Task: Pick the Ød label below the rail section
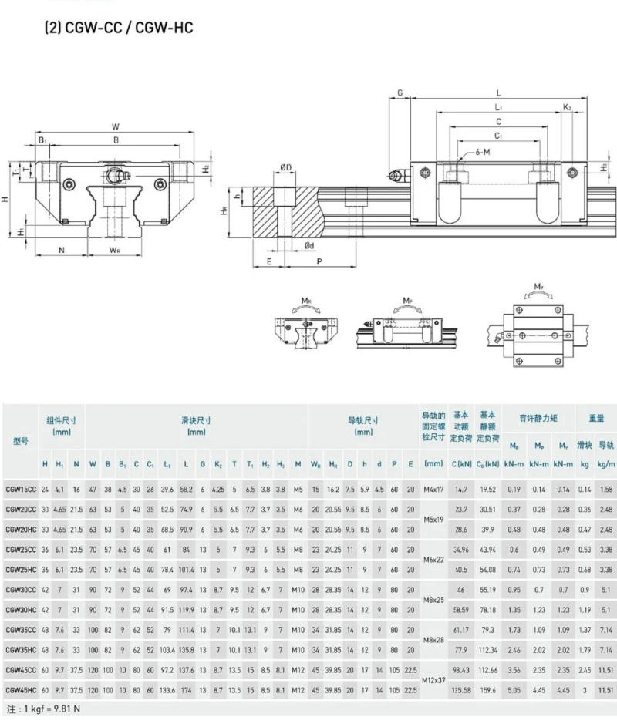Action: [x=308, y=245]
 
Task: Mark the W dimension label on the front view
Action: [x=115, y=126]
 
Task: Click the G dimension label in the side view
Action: [x=400, y=93]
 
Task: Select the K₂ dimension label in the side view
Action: [x=567, y=108]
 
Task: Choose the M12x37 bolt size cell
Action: [x=433, y=679]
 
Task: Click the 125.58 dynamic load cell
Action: [x=461, y=689]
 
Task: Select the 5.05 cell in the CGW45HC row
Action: [x=514, y=689]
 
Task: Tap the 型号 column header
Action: [x=21, y=441]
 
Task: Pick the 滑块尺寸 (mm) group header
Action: [x=196, y=426]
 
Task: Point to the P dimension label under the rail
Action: [x=319, y=261]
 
